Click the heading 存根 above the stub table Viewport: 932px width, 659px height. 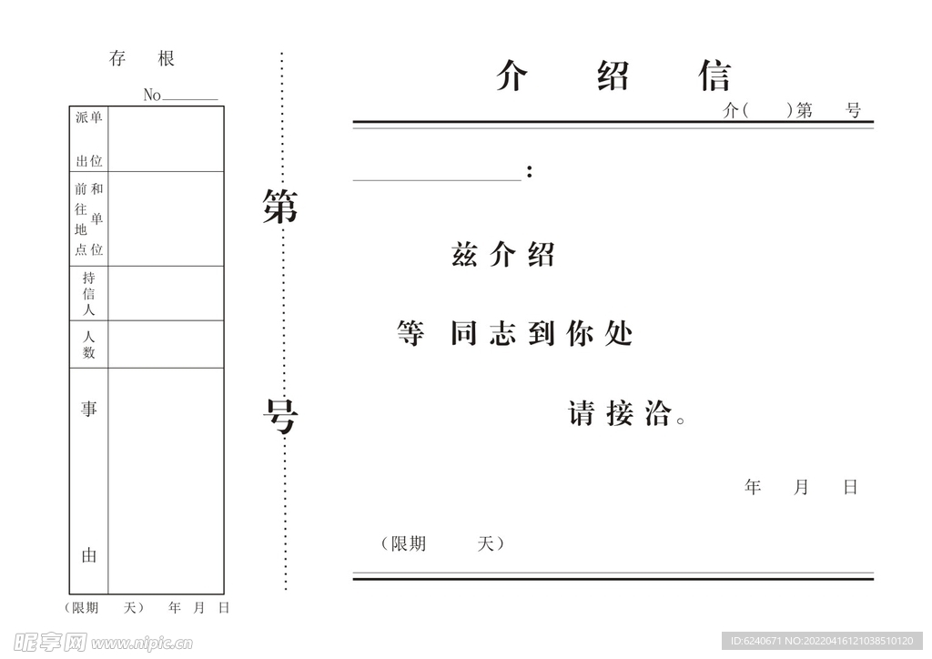click(x=141, y=59)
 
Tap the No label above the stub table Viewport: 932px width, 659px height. click(x=152, y=96)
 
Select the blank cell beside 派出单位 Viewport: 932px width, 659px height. click(x=166, y=139)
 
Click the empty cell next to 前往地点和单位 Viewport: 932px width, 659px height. click(x=166, y=218)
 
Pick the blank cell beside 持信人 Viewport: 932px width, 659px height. click(x=166, y=293)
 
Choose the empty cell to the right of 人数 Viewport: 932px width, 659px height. click(x=166, y=344)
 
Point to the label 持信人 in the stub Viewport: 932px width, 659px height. click(x=89, y=293)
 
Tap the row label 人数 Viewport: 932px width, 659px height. click(x=89, y=344)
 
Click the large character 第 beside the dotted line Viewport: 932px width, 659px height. click(x=280, y=207)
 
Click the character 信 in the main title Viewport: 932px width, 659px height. click(x=715, y=76)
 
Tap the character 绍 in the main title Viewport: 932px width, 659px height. click(x=613, y=76)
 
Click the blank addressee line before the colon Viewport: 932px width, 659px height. click(x=437, y=171)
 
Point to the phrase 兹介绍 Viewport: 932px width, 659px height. click(x=502, y=256)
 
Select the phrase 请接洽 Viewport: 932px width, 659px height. click(x=621, y=414)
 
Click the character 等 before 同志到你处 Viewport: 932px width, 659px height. click(x=410, y=334)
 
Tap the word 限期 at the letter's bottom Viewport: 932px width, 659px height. click(x=408, y=543)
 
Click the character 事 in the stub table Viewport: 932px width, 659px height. click(x=89, y=409)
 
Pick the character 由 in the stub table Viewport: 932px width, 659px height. click(x=89, y=555)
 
